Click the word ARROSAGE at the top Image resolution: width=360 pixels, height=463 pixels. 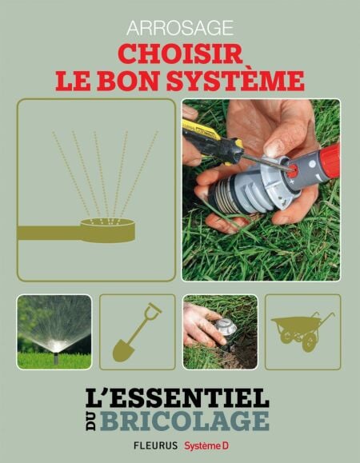(x=180, y=28)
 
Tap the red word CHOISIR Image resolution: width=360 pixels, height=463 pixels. (x=180, y=54)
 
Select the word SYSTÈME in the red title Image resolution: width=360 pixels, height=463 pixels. (x=235, y=80)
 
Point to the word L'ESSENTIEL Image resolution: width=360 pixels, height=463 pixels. (x=177, y=398)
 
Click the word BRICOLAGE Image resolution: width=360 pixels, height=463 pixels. (x=185, y=420)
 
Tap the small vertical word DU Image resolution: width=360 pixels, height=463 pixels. (x=91, y=421)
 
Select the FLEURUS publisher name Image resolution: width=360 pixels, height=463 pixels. (x=156, y=445)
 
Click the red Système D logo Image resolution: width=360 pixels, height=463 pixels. (x=206, y=445)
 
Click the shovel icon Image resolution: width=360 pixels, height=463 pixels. (x=137, y=332)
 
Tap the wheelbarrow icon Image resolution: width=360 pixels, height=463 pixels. (x=302, y=331)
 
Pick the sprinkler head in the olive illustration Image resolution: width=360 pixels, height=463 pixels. (x=108, y=230)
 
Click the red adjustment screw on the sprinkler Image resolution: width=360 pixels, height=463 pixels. (x=292, y=171)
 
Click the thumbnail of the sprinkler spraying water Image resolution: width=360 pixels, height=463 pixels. (x=54, y=332)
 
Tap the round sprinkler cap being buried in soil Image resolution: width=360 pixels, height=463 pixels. (x=226, y=326)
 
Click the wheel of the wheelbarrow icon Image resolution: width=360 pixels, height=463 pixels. (x=309, y=343)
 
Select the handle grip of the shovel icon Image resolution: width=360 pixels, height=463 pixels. (x=155, y=309)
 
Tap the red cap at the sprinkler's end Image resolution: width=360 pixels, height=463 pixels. (x=330, y=162)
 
